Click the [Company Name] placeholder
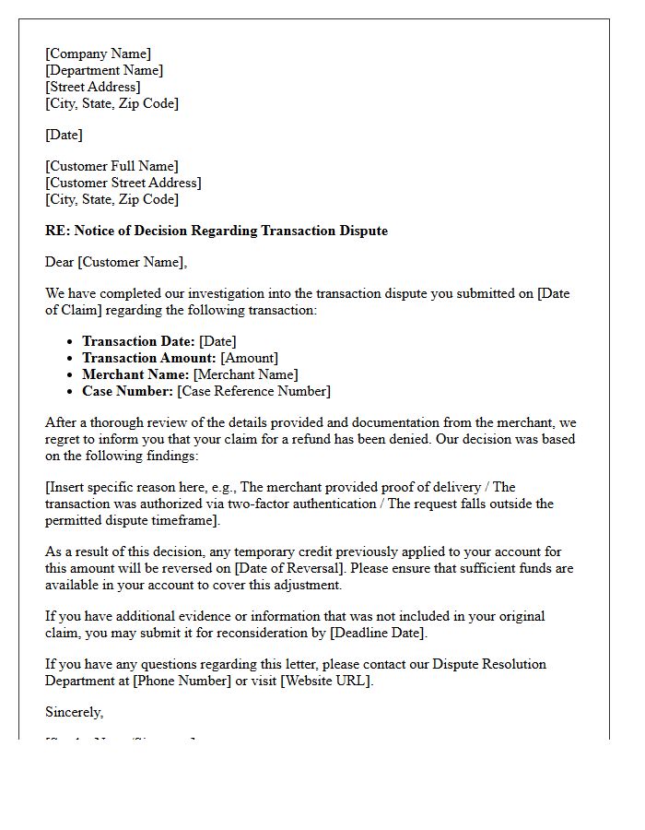(98, 53)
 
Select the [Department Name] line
(104, 70)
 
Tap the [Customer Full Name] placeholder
(111, 166)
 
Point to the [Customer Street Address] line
(123, 183)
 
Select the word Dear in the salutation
(60, 262)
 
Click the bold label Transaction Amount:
(149, 358)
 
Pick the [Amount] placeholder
(249, 358)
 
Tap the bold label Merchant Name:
(135, 374)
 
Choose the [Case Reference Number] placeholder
(253, 391)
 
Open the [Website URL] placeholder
(327, 681)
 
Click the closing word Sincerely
(74, 712)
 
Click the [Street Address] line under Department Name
(93, 87)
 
